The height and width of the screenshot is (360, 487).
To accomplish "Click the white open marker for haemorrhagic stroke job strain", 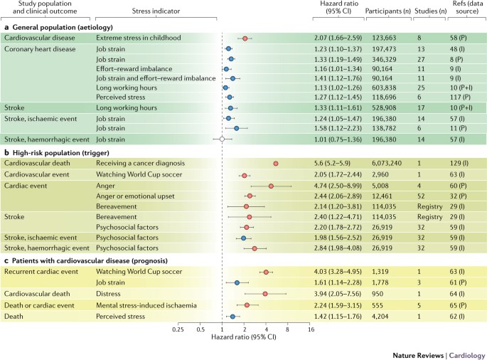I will pos(223,139).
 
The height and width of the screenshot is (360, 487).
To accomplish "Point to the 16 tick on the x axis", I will pos(310,330).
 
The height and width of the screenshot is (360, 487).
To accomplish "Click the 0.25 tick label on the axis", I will pos(178,330).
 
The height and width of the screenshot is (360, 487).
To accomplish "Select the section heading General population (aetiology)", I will pos(53,27).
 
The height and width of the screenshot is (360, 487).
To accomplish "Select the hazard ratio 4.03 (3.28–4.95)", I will pos(338,272).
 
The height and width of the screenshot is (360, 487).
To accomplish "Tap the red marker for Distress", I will pos(265,293).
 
